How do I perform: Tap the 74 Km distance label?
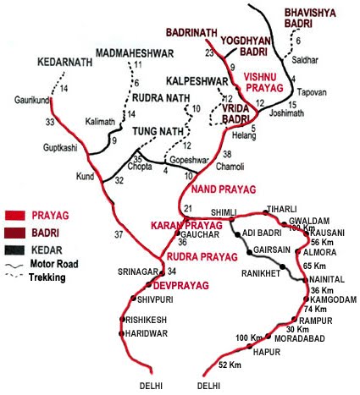click(x=327, y=310)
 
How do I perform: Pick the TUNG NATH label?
click(x=152, y=131)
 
